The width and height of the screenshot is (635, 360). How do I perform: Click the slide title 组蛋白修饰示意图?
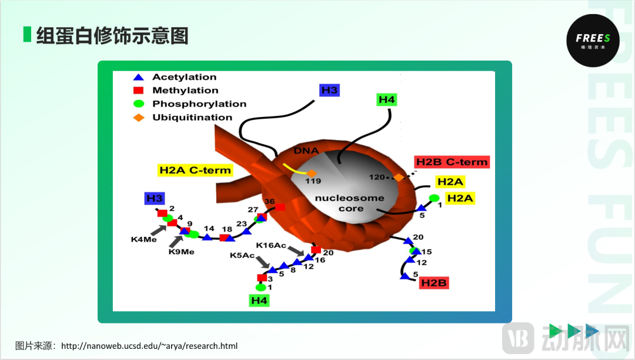coord(112,36)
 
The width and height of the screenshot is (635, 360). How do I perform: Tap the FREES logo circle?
coord(593,41)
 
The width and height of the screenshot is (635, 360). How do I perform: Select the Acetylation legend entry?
coord(184,77)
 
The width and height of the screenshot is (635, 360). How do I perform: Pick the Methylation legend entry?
coord(185,91)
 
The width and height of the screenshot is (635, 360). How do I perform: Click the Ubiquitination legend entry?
coord(192,118)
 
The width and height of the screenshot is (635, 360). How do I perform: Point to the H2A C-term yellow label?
coord(195,171)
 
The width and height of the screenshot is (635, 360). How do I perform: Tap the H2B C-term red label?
coord(452,162)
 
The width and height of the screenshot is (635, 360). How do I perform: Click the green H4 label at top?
coord(386,100)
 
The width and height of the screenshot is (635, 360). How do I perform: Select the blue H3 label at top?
coord(329,90)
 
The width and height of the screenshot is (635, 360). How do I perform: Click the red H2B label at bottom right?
coord(434,284)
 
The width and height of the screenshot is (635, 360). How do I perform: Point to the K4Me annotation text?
coord(143,239)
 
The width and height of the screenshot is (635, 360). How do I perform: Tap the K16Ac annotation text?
coord(271,245)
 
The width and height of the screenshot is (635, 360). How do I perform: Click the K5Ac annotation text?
coord(242,255)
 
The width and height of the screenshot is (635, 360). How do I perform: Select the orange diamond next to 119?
coord(312,172)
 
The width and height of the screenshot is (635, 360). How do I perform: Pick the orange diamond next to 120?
coord(398,177)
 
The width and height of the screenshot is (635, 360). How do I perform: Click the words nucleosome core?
coord(349,203)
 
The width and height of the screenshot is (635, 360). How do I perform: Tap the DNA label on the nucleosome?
coord(306,151)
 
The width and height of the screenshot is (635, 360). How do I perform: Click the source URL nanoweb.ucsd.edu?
coord(149,346)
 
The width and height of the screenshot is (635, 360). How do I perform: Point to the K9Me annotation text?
coord(181,252)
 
